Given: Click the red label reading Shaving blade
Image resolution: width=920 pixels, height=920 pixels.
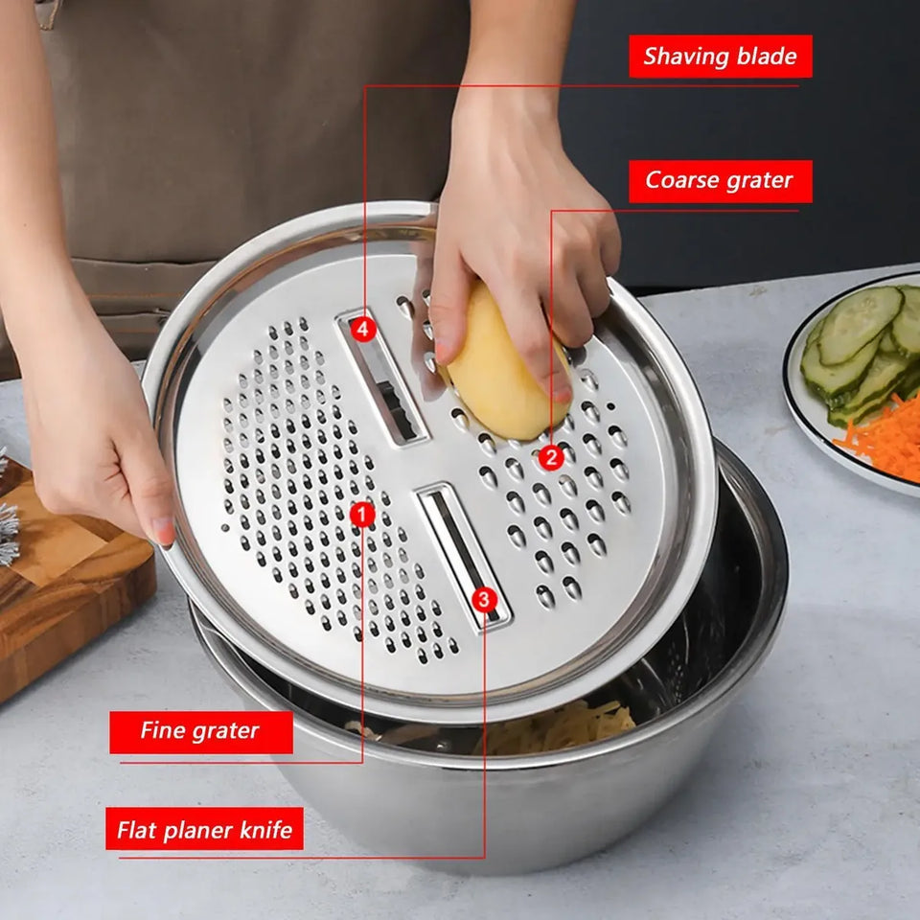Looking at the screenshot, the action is (x=721, y=57).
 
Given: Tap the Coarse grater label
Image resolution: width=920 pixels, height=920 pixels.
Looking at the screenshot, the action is (x=721, y=181).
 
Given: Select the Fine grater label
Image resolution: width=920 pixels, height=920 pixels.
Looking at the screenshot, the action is (x=200, y=731).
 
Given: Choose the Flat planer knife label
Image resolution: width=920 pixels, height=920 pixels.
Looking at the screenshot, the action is (x=204, y=828).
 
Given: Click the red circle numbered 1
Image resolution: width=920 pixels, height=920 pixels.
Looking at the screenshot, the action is (x=362, y=516).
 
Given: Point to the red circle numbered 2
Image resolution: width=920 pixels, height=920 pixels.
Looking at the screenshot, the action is (x=552, y=457).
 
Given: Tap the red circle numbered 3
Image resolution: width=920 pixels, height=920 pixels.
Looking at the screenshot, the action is (x=485, y=599).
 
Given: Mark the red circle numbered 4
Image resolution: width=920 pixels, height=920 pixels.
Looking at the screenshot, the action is (x=364, y=329).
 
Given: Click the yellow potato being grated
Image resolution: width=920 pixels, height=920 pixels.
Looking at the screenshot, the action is (x=506, y=364).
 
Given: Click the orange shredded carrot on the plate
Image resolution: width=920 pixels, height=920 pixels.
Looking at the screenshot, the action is (x=880, y=437).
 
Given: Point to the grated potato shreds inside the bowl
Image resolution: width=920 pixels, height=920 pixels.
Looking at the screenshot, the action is (x=558, y=727).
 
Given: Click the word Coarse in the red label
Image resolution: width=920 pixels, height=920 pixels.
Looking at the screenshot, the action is (x=678, y=180).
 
